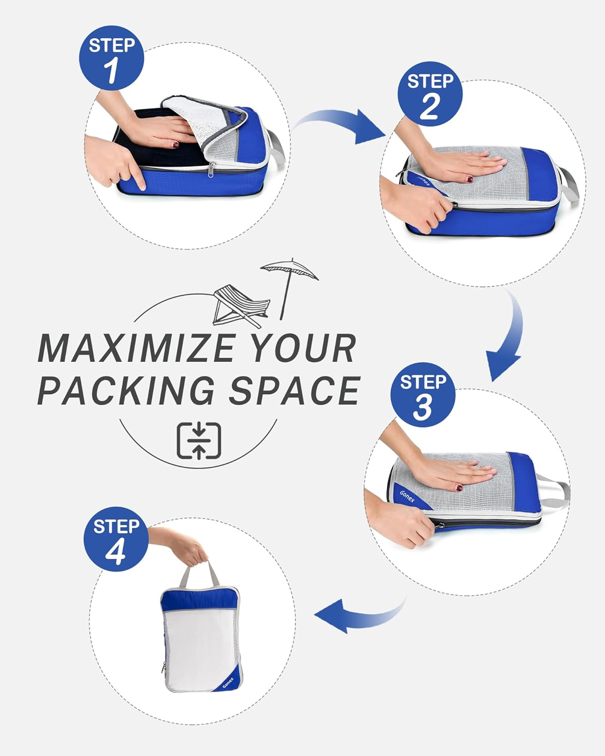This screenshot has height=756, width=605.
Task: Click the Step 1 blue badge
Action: tap(111, 58)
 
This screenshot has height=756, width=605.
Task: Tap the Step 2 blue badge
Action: tap(430, 94)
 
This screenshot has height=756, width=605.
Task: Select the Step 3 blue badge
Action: tap(423, 395)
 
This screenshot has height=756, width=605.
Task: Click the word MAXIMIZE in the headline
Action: tap(136, 348)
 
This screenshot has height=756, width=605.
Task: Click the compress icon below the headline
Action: tap(198, 440)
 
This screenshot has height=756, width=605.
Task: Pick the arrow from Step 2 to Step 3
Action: tap(506, 343)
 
